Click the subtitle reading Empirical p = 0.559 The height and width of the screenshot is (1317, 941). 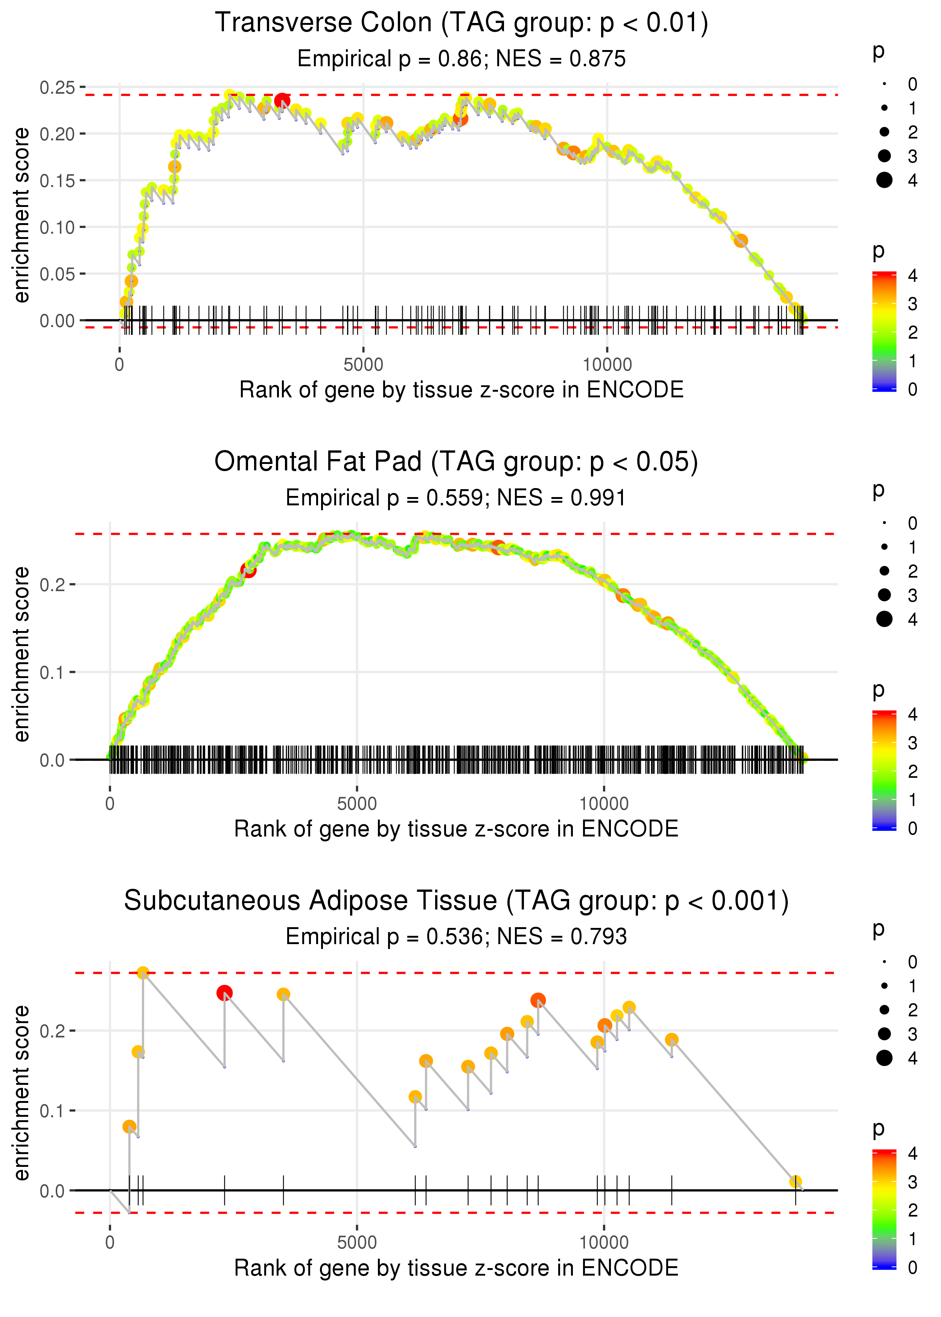pyautogui.click(x=455, y=497)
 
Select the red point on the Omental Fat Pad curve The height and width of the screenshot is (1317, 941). pyautogui.click(x=248, y=570)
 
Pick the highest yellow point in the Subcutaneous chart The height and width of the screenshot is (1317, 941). pyautogui.click(x=143, y=973)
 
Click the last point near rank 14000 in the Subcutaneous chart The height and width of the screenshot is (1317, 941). pyautogui.click(x=796, y=1182)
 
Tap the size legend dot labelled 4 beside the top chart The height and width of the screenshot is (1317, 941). pyautogui.click(x=884, y=180)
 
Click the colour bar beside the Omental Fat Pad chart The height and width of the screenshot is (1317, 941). pyautogui.click(x=884, y=770)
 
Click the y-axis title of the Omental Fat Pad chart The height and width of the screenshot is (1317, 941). pyautogui.click(x=21, y=654)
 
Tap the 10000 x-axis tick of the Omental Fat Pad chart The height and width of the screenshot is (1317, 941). pyautogui.click(x=604, y=803)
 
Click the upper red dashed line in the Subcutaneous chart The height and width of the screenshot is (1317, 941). pyautogui.click(x=464, y=973)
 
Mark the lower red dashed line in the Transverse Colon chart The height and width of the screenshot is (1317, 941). pyautogui.click(x=464, y=327)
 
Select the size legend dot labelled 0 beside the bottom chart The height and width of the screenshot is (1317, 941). pyautogui.click(x=884, y=962)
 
